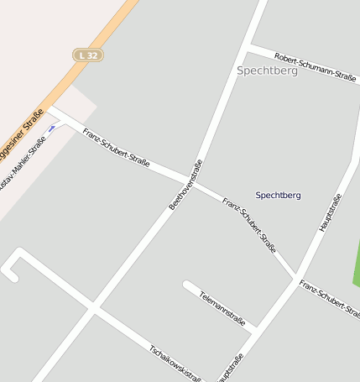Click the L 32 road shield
(87, 55)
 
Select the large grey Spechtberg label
(267, 71)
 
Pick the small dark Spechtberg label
(278, 195)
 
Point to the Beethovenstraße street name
(186, 184)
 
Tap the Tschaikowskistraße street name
(176, 362)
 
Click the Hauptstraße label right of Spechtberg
(331, 212)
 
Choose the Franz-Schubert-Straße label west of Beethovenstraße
(117, 148)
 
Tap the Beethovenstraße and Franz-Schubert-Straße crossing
(196, 183)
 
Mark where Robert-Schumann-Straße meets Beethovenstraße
(250, 46)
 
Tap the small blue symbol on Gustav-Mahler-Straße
(53, 128)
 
